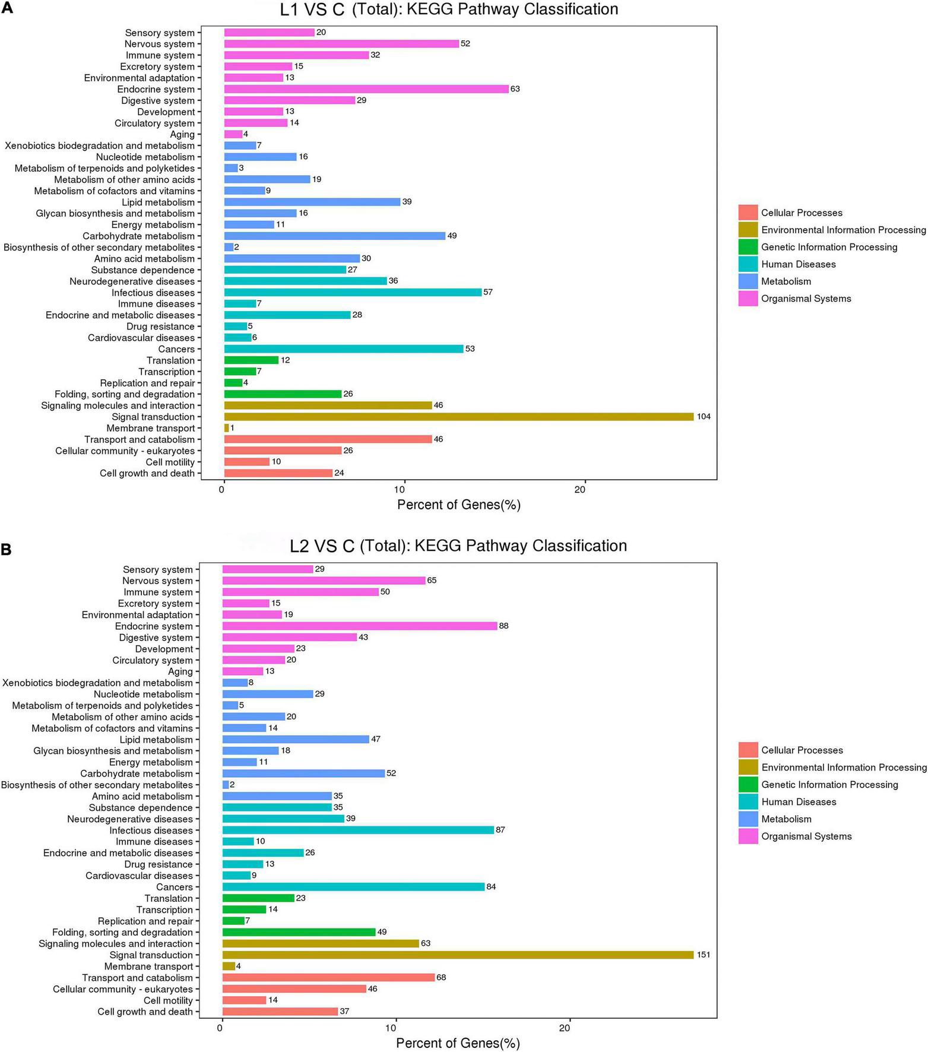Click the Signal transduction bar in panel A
[x=458, y=417]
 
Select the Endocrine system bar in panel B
[x=359, y=626]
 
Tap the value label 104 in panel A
[x=704, y=417]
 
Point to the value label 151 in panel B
[x=704, y=955]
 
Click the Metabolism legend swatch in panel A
[x=748, y=281]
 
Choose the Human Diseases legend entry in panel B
[x=799, y=802]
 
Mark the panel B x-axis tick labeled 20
[x=565, y=1027]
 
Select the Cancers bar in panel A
[x=343, y=349]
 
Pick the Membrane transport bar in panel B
[x=229, y=966]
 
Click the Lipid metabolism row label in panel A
[x=158, y=202]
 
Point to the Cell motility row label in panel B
[x=168, y=1000]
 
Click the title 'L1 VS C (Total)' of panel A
[x=449, y=9]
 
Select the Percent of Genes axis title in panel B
[x=458, y=1043]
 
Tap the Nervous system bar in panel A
[x=341, y=44]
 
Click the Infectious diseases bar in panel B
[x=358, y=830]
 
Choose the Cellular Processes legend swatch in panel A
[x=748, y=213]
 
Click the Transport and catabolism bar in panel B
[x=328, y=977]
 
